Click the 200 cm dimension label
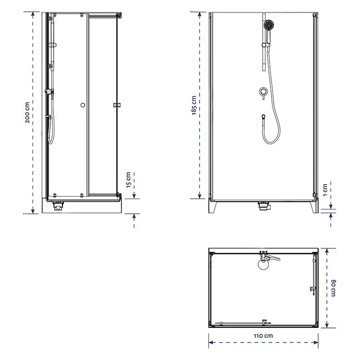[x=27, y=113]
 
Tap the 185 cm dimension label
[x=194, y=106]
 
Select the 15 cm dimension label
[x=129, y=180]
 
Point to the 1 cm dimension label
[x=325, y=190]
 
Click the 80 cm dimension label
[x=334, y=288]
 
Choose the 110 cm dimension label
[x=263, y=336]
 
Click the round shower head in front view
[x=269, y=24]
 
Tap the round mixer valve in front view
[x=263, y=92]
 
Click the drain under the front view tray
[x=263, y=206]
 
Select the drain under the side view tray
[x=58, y=205]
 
